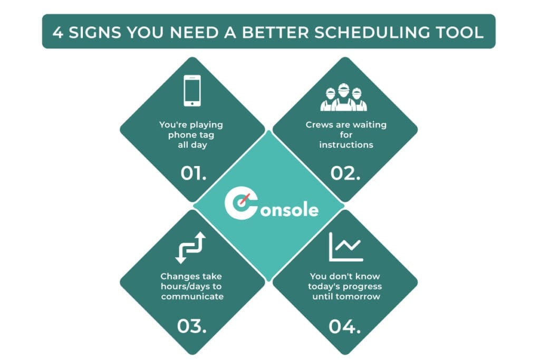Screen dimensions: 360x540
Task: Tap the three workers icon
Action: coord(343,98)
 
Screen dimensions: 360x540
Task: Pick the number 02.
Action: coord(345,173)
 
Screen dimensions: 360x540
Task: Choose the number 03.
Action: coord(191,326)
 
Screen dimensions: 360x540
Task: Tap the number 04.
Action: coord(344,326)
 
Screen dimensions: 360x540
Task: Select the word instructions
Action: coord(346,144)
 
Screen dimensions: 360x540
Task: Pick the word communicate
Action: coord(192,296)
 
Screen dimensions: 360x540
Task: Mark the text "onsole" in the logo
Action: coord(288,210)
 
